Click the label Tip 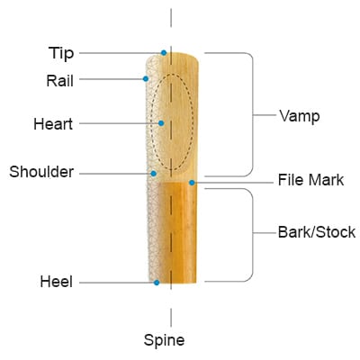tap(61, 53)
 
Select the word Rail tap(60, 80)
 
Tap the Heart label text tap(53, 124)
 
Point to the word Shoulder tap(41, 172)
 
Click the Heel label tap(57, 282)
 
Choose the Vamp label tap(300, 116)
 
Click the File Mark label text tap(310, 180)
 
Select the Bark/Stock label tap(317, 232)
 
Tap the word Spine tap(164, 340)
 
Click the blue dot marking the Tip tap(164, 53)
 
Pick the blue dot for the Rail tap(146, 79)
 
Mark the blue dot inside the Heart tap(161, 123)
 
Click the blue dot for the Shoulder tap(154, 174)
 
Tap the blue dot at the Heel tap(157, 283)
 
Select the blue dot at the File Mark tap(192, 183)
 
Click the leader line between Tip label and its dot tap(120, 53)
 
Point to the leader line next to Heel tap(116, 283)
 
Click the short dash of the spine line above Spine tap(171, 318)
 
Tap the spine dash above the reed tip tap(171, 18)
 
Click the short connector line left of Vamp tap(265, 115)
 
